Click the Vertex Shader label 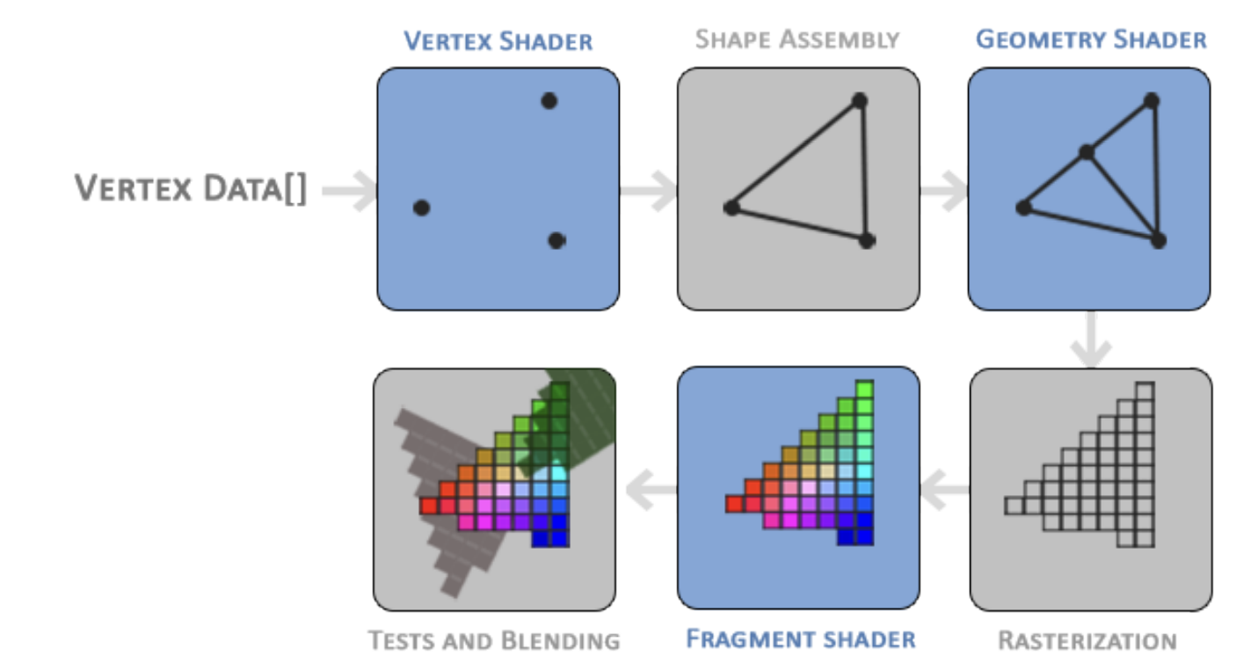tap(498, 41)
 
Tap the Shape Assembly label tap(796, 40)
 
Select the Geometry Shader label tap(1090, 40)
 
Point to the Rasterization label tap(1087, 640)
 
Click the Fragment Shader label tap(800, 638)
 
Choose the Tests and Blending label tap(494, 640)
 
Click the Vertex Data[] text tap(191, 189)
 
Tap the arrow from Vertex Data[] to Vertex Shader tap(351, 191)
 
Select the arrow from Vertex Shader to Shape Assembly tap(648, 191)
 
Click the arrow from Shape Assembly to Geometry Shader tap(943, 191)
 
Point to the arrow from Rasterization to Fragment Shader tap(944, 489)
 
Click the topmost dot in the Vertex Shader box tap(549, 101)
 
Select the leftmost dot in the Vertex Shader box tap(421, 208)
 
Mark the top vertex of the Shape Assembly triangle tap(860, 101)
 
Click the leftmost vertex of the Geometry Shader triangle tap(1022, 208)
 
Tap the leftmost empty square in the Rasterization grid tap(1014, 505)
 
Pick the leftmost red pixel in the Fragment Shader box tap(734, 504)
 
